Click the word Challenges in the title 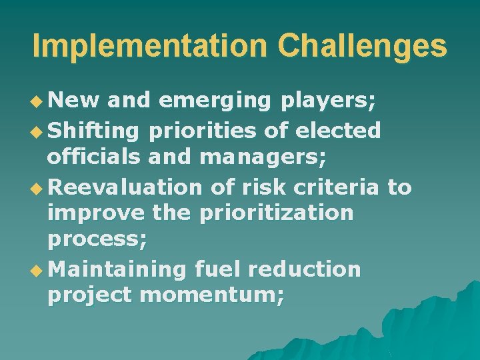pyautogui.click(x=362, y=46)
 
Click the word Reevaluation pyautogui.click(x=125, y=187)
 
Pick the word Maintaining pyautogui.click(x=118, y=270)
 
